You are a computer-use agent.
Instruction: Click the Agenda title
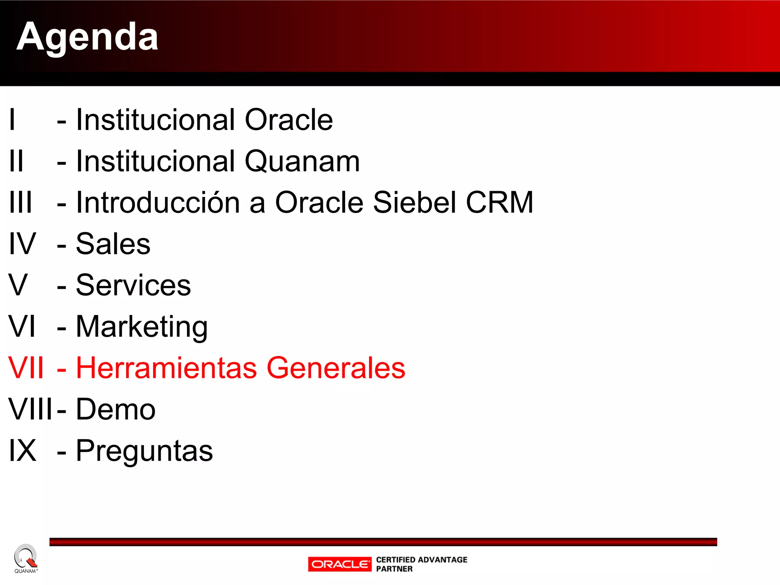[87, 37]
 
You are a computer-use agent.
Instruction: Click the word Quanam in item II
[302, 161]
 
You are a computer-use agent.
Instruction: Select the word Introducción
[158, 203]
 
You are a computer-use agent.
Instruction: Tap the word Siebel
[414, 203]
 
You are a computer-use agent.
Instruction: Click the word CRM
[499, 203]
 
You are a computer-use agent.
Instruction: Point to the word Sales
[113, 244]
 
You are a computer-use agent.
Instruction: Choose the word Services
[133, 285]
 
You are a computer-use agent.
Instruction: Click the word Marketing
[142, 327]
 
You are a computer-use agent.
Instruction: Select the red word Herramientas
[166, 368]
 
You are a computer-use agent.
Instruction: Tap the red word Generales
[336, 368]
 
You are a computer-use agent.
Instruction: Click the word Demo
[116, 410]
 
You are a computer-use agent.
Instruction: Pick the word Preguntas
[144, 451]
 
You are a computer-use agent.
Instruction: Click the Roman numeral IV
[22, 244]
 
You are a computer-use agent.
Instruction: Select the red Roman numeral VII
[26, 368]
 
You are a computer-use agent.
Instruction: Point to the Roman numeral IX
[22, 451]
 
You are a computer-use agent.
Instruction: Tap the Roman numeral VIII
[30, 410]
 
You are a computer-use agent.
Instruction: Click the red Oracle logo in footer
[339, 564]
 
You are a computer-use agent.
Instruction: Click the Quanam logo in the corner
[26, 558]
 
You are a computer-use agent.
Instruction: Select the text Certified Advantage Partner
[421, 564]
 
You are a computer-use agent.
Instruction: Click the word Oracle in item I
[288, 120]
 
